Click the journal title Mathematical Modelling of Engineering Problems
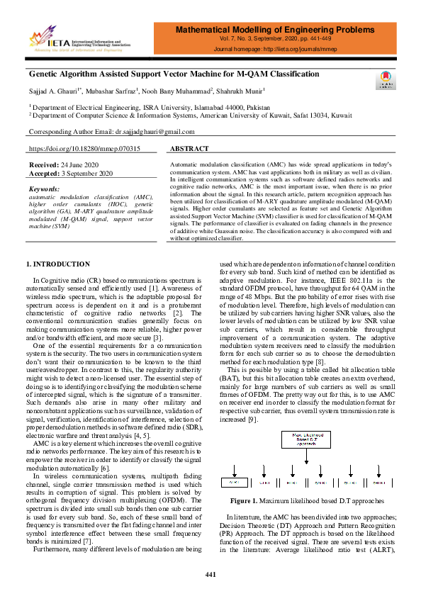(x=274, y=31)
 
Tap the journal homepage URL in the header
(x=274, y=50)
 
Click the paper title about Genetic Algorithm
(x=174, y=74)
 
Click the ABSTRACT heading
(x=191, y=149)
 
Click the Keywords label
(x=44, y=190)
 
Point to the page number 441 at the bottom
(x=211, y=574)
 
